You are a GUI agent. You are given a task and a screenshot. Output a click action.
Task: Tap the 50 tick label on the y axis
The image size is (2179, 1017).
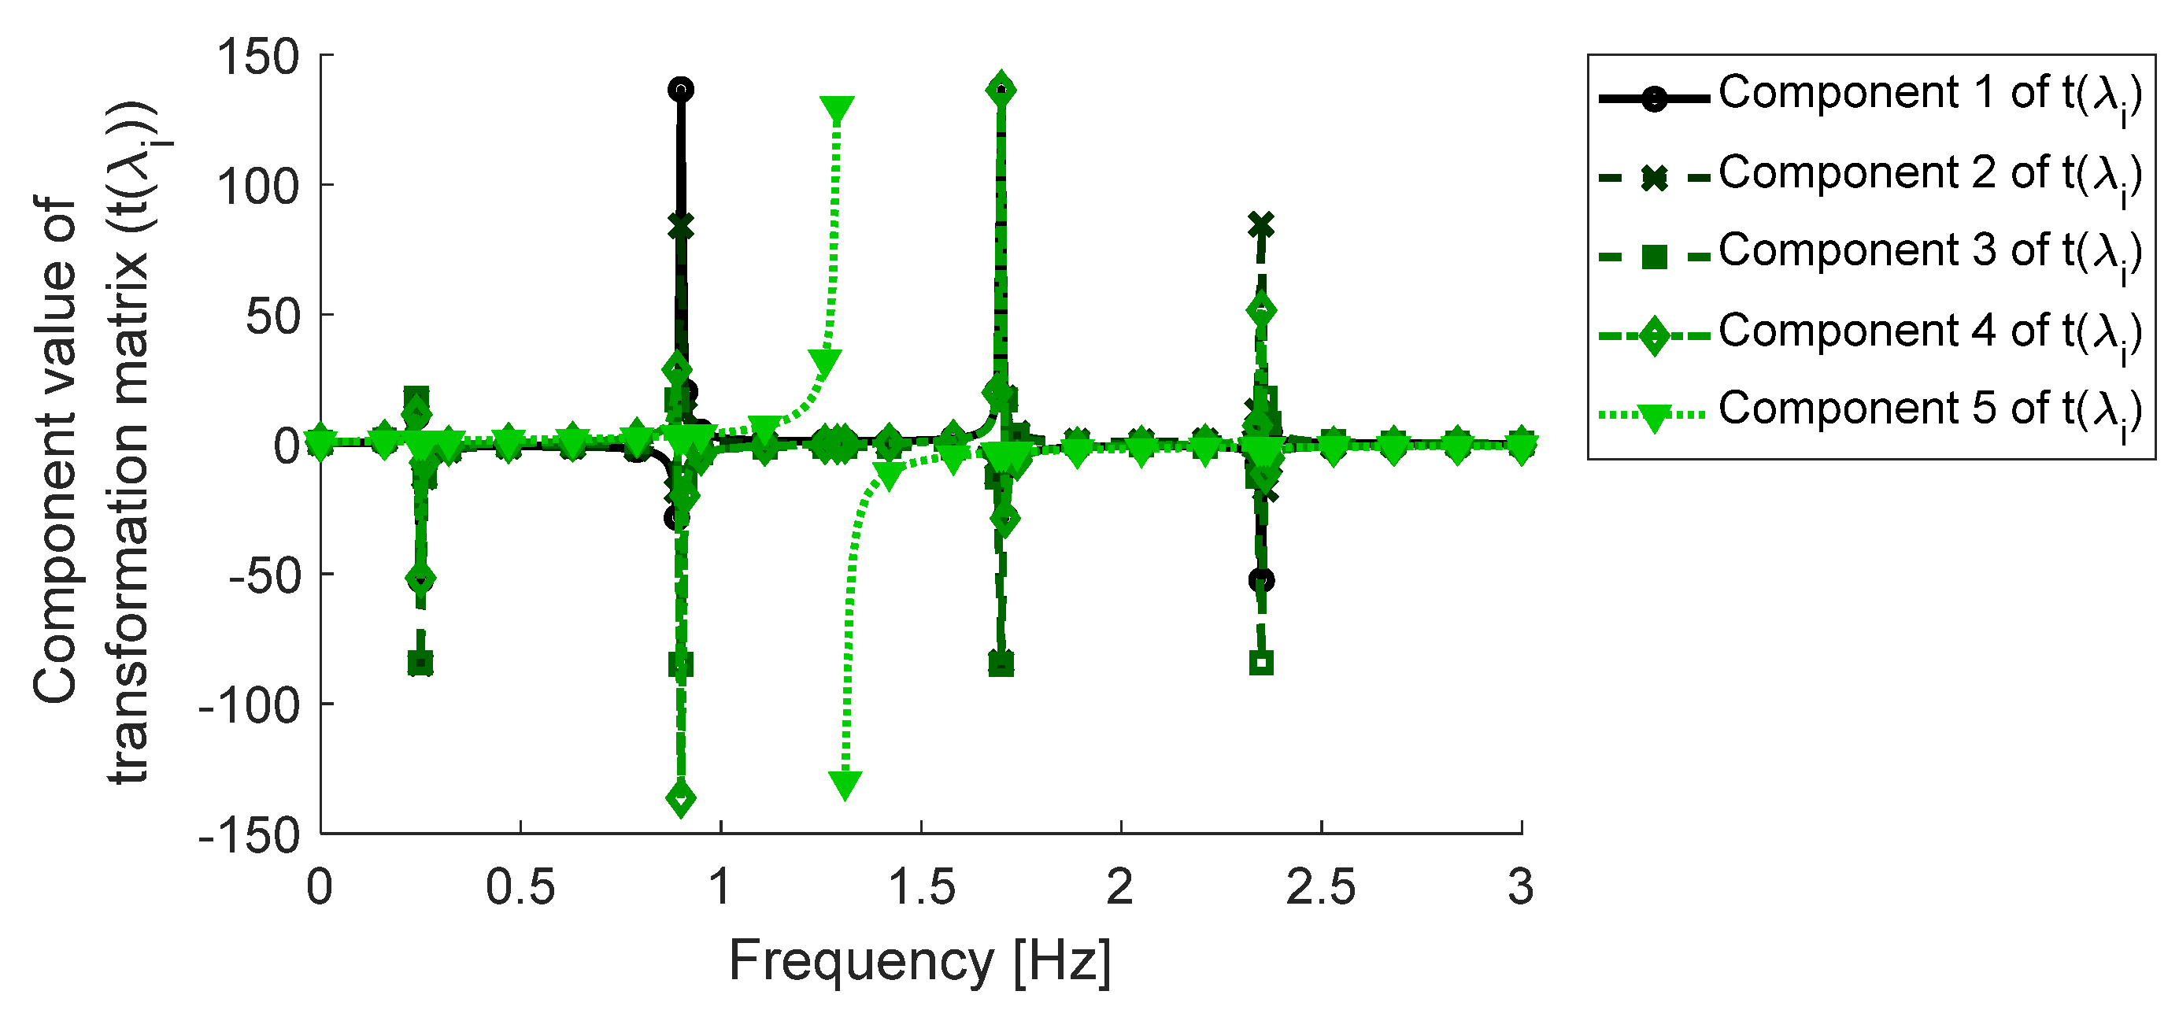pos(273,317)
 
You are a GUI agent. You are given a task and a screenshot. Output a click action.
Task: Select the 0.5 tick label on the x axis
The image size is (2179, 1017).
pos(520,888)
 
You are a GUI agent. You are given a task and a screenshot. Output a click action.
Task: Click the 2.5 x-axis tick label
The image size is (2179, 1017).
pos(1320,888)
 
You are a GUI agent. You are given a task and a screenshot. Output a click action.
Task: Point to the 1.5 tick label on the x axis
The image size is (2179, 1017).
pos(921,888)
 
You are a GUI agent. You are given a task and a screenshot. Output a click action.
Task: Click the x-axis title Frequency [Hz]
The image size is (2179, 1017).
pos(920,961)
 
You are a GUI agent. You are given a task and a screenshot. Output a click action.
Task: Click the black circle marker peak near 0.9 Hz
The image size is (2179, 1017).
pos(681,90)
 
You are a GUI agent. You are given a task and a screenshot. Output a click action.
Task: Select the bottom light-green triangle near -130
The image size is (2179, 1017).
pos(845,784)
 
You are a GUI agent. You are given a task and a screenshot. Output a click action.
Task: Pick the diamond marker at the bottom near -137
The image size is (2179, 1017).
pos(681,798)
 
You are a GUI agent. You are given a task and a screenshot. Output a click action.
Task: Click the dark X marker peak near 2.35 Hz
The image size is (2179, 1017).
pos(1261,226)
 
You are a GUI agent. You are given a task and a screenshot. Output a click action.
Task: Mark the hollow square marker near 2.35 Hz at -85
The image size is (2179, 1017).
pos(1261,663)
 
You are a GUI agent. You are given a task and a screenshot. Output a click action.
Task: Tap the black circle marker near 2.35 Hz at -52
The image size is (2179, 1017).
pos(1261,580)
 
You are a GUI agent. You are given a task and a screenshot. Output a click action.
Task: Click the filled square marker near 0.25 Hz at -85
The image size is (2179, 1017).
pos(420,663)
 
